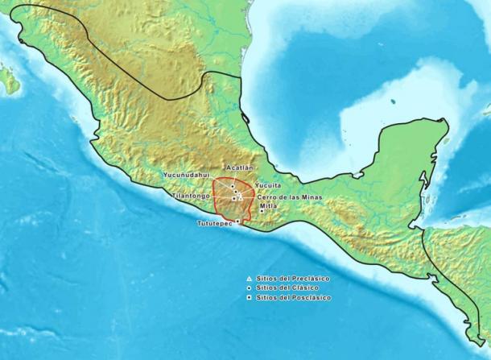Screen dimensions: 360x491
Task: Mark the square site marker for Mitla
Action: [260, 211]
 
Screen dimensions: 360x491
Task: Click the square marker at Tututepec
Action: [237, 220]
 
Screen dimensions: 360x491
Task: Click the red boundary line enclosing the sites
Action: [213, 201]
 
